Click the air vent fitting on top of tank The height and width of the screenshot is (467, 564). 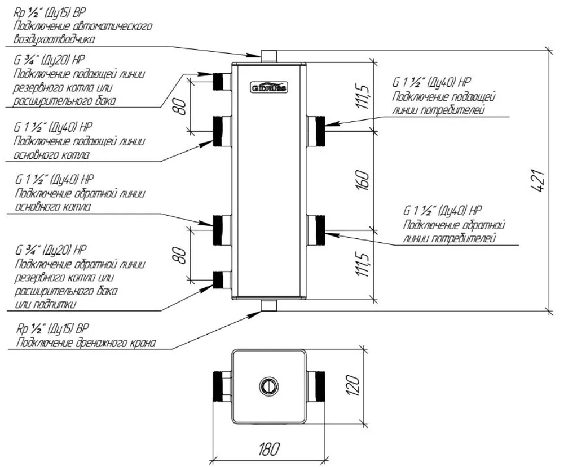269,55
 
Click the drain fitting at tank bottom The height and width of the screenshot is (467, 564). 269,305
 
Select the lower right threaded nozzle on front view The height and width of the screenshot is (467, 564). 316,230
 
